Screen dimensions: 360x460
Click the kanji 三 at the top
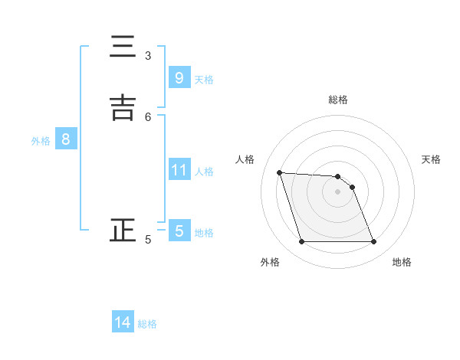123,47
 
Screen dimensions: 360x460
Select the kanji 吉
123,108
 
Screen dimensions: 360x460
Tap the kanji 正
123,231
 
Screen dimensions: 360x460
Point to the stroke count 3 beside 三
148,56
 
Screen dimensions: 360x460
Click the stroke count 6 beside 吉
148,116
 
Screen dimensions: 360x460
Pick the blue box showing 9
179,78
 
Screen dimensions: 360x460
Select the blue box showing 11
179,170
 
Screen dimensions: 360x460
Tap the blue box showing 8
66,139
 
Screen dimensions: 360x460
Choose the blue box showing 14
123,322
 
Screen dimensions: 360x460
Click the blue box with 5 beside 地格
179,231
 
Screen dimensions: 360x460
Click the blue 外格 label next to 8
41,141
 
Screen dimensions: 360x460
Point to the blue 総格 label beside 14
147,324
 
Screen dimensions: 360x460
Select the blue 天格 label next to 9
204,80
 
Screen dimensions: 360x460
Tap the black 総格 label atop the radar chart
338,100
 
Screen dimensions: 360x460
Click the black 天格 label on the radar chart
431,159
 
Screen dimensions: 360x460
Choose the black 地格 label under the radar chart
402,262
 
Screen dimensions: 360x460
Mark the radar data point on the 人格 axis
280,173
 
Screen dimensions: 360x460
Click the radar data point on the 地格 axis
373,242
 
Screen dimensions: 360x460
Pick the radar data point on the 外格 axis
301,242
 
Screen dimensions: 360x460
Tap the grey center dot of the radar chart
337,192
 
